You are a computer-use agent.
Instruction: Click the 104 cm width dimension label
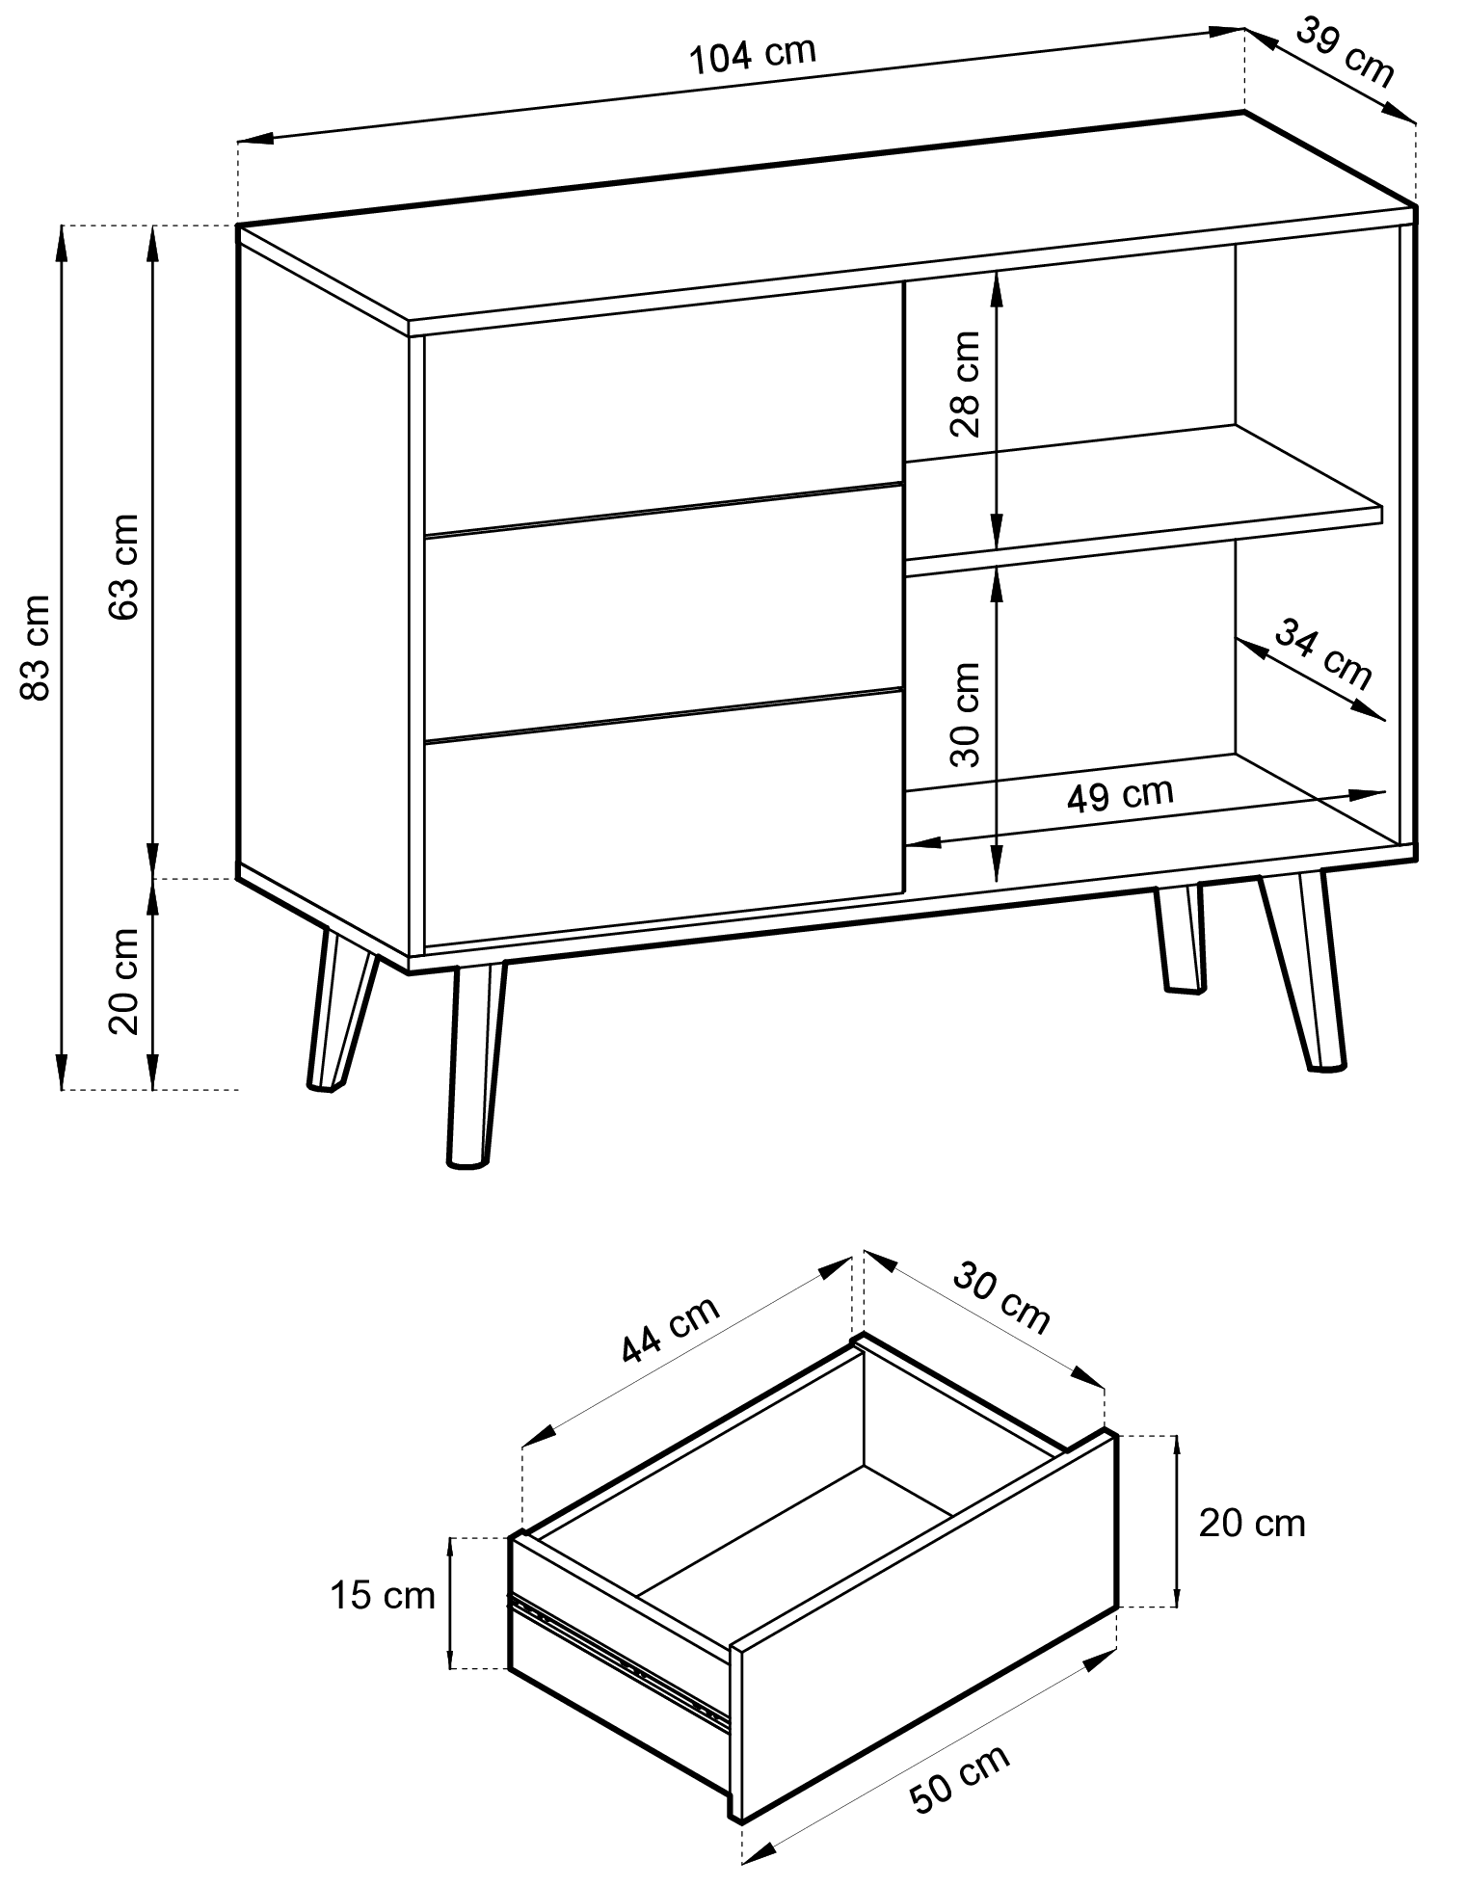point(754,56)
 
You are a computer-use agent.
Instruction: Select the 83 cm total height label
point(36,648)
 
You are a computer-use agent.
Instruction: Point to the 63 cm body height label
point(124,567)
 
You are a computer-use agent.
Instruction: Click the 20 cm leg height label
point(124,981)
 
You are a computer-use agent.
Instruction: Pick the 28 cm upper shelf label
point(965,384)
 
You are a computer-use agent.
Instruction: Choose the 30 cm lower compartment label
point(965,713)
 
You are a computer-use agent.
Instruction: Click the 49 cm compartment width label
point(1120,795)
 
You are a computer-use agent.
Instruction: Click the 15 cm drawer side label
point(383,1595)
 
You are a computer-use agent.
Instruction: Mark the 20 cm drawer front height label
point(1251,1523)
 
